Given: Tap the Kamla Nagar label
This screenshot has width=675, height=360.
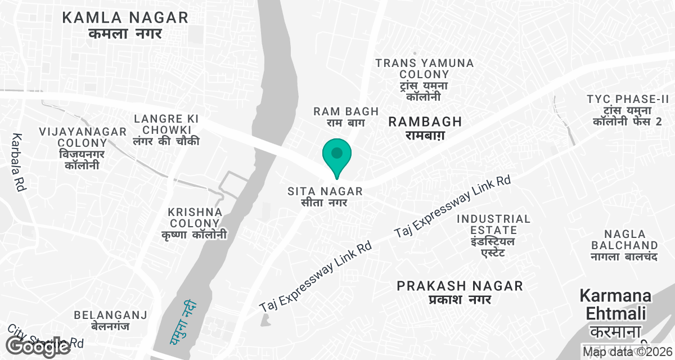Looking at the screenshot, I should tap(125, 25).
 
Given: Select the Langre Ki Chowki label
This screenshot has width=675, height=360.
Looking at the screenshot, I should tap(166, 129).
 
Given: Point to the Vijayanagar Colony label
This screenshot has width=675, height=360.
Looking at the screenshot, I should tap(83, 148).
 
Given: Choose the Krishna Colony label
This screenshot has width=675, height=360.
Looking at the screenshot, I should tap(195, 223).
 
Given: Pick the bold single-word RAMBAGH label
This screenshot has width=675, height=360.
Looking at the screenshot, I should tap(425, 127).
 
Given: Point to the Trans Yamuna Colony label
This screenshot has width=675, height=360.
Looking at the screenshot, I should tap(425, 79).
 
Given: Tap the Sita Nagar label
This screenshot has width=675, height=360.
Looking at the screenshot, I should tap(325, 196).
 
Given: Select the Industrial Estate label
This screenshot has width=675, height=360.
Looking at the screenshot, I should tap(493, 235).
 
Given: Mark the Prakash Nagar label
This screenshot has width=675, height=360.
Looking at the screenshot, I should tap(460, 292).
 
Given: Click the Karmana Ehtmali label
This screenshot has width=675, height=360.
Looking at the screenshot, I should tap(615, 312).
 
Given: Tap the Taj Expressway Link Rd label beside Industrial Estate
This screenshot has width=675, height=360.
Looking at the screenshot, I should tap(452, 206).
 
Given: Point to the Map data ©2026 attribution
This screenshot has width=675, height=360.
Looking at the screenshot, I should tap(627, 352).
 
